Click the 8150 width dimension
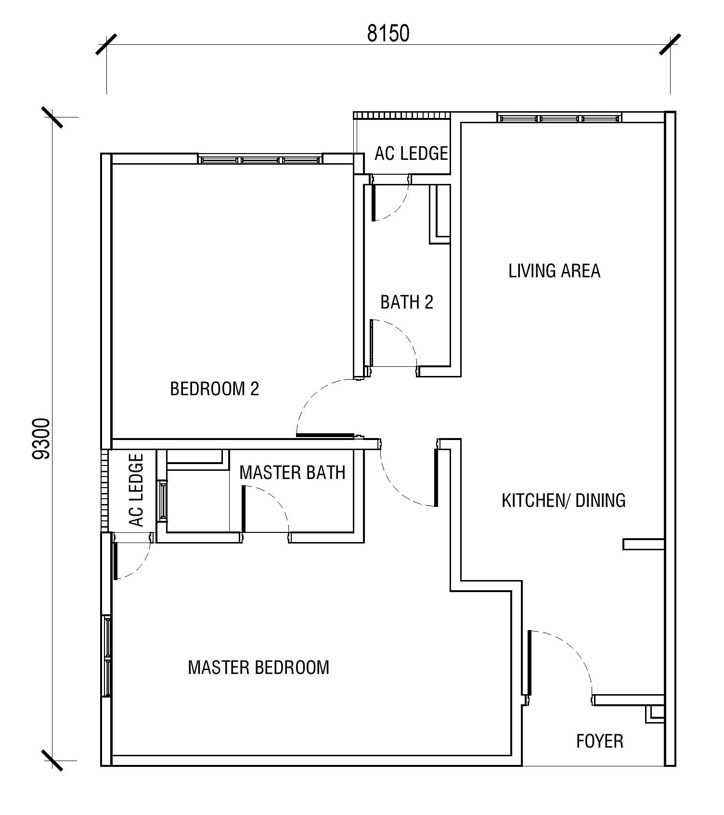(x=388, y=34)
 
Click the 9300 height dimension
(x=41, y=439)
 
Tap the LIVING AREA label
(x=554, y=271)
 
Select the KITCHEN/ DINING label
(x=564, y=500)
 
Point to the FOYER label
(x=600, y=741)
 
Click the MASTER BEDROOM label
(x=259, y=667)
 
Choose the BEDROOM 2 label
(x=215, y=388)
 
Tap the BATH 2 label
(x=407, y=302)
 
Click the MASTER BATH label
(x=293, y=473)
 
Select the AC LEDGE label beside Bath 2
(x=412, y=153)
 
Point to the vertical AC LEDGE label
(x=136, y=490)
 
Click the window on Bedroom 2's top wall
(x=260, y=159)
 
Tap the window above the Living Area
(x=559, y=118)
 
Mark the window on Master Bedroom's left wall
(x=107, y=655)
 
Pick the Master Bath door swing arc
(x=271, y=503)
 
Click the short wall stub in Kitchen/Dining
(x=644, y=544)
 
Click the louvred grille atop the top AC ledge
(x=402, y=116)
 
